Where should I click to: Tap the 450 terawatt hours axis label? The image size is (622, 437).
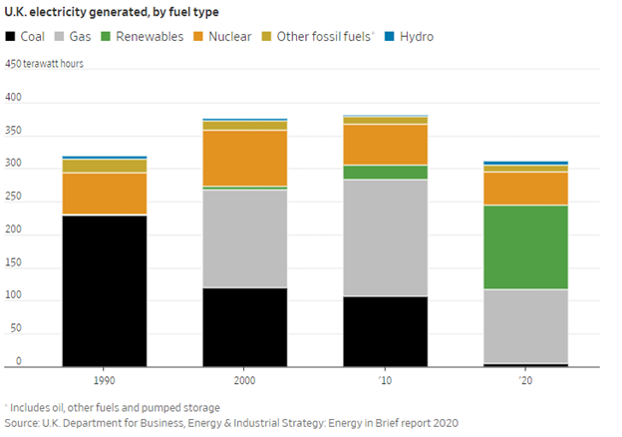point(45,64)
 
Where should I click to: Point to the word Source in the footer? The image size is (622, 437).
point(20,424)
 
